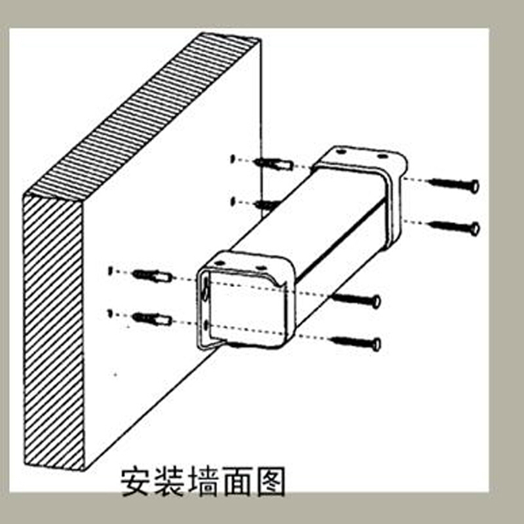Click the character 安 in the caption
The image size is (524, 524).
point(136,481)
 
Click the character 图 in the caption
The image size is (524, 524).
point(271,481)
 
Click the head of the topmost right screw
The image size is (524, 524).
point(474,186)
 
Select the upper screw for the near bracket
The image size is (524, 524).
point(356,299)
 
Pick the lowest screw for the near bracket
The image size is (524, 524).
point(355,343)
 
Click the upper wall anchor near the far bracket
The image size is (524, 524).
point(273,164)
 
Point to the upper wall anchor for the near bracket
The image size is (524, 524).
point(153,276)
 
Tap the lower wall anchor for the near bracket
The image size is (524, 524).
point(153,319)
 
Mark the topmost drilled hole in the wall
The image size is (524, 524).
point(233,159)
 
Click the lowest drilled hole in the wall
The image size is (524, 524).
point(109,313)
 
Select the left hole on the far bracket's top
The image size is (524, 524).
point(341,152)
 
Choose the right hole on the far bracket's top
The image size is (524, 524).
point(382,157)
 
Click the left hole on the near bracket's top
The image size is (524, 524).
point(219,264)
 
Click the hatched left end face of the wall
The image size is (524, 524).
point(54,333)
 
